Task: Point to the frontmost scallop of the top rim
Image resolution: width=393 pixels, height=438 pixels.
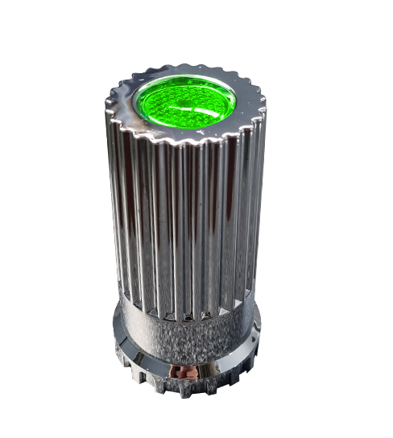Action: pos(187,144)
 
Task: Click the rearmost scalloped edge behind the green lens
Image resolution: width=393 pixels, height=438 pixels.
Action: pos(189,66)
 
